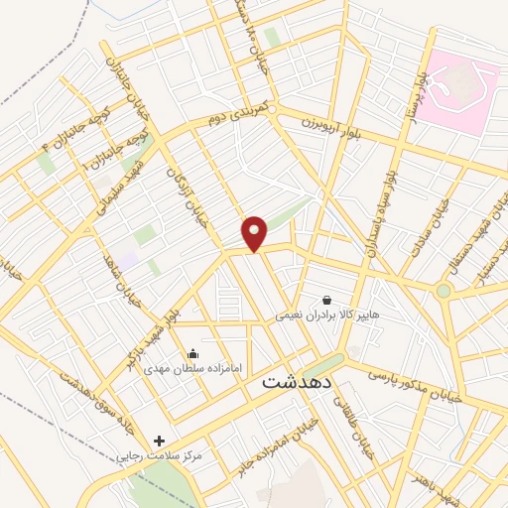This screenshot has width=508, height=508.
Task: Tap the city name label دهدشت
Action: [x=300, y=381]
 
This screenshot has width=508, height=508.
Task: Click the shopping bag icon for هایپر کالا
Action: [x=326, y=300]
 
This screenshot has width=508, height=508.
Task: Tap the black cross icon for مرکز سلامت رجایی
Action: [x=159, y=441]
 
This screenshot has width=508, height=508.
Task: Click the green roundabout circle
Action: [x=444, y=291]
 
